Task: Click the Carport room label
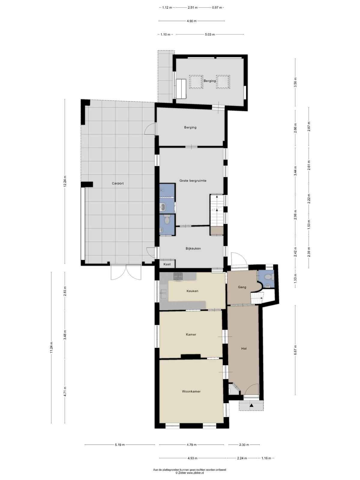pyautogui.click(x=118, y=183)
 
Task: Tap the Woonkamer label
pyautogui.click(x=191, y=391)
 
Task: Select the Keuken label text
pyautogui.click(x=192, y=291)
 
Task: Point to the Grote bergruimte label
pyautogui.click(x=193, y=181)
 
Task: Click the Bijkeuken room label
pyautogui.click(x=193, y=248)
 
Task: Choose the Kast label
pyautogui.click(x=167, y=264)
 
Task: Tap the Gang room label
pyautogui.click(x=242, y=287)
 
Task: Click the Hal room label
pyautogui.click(x=244, y=348)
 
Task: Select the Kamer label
pyautogui.click(x=191, y=334)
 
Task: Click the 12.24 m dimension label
pyautogui.click(x=64, y=181)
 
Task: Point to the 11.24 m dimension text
pyautogui.click(x=51, y=348)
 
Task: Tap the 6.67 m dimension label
pyautogui.click(x=295, y=350)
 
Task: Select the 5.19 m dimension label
pyautogui.click(x=119, y=445)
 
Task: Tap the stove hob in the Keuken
pyautogui.click(x=178, y=276)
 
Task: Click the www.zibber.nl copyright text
pyautogui.click(x=190, y=473)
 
